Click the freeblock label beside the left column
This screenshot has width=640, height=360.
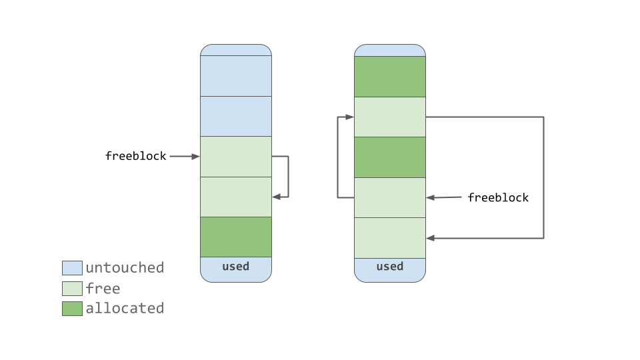136,157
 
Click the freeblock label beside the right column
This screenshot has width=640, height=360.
498,198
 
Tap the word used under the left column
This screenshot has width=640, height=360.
235,267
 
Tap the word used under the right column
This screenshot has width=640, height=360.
389,267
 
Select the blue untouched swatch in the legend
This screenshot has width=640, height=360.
72,268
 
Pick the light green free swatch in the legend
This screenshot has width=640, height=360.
72,289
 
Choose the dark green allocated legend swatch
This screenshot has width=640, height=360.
72,309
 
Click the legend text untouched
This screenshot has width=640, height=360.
125,268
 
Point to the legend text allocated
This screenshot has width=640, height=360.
125,309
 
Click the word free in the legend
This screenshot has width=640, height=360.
103,289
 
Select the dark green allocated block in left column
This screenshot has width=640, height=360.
236,237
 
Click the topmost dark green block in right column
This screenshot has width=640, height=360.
389,77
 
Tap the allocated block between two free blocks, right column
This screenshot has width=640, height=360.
389,157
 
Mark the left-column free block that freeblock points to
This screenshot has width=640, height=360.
236,157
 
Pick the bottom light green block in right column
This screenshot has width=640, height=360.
389,237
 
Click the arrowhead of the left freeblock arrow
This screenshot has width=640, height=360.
196,157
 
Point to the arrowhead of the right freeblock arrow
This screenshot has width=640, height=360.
430,197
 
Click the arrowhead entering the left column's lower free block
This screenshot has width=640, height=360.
276,197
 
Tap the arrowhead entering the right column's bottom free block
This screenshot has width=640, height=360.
430,238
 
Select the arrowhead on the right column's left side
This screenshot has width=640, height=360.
350,117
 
